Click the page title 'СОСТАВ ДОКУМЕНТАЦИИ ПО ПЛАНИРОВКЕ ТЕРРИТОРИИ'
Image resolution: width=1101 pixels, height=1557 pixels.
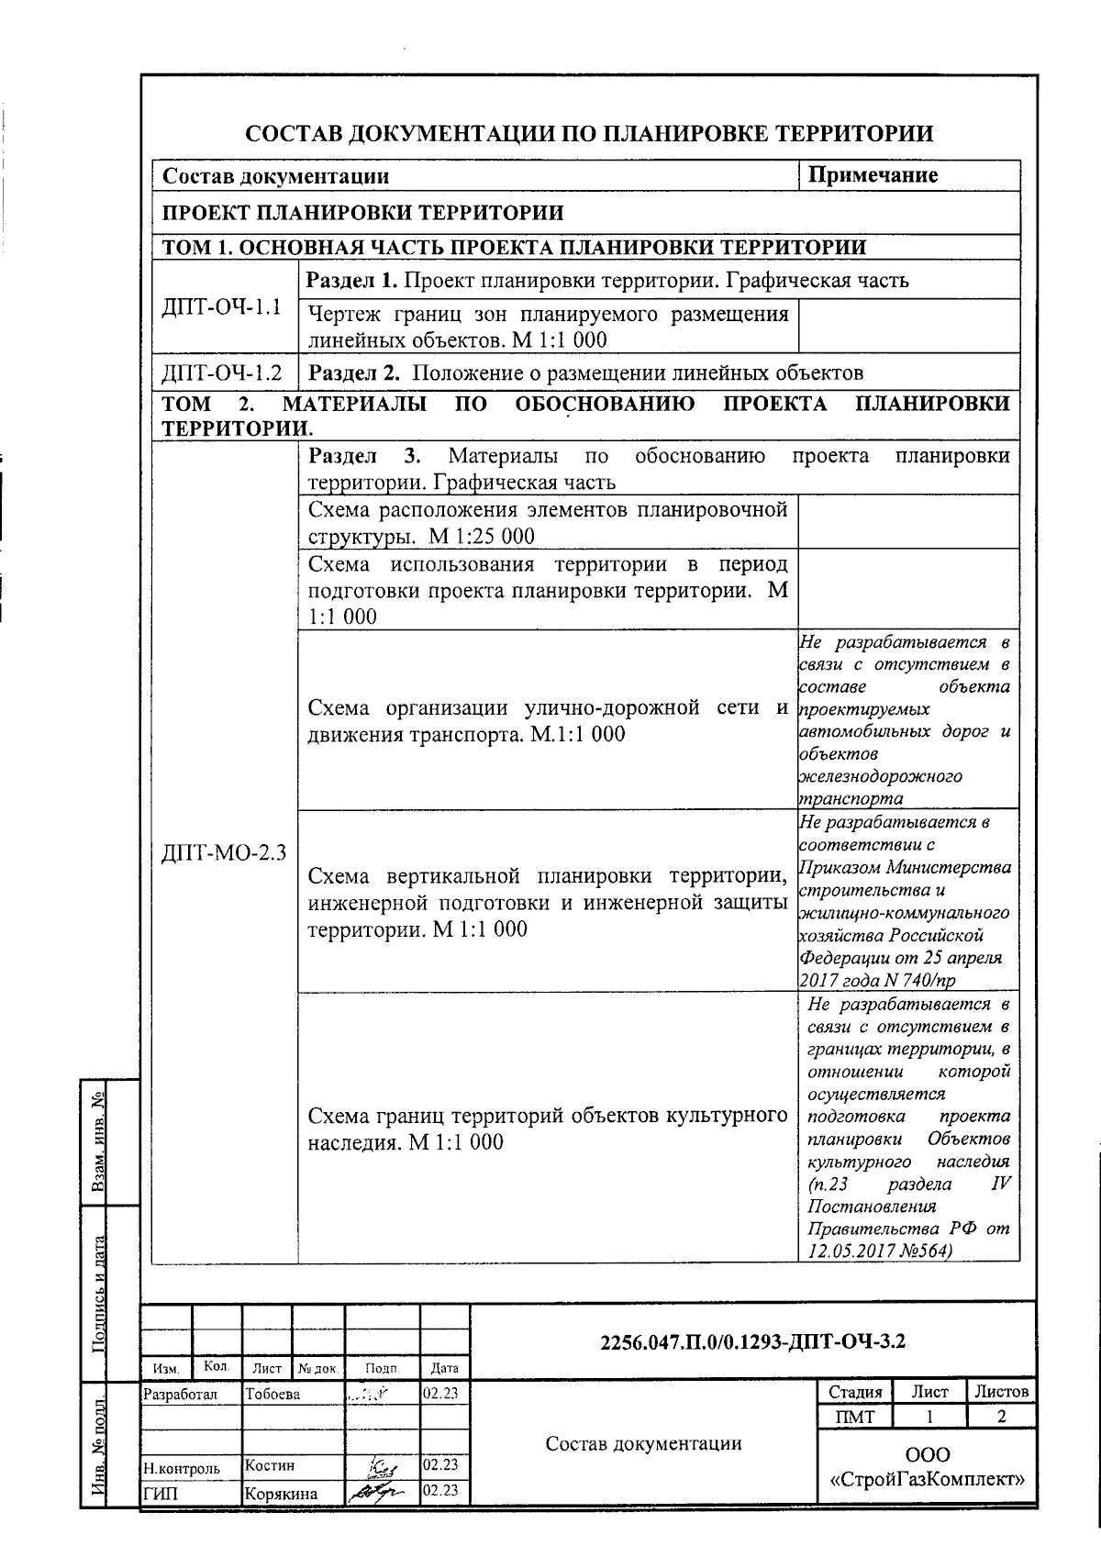point(589,134)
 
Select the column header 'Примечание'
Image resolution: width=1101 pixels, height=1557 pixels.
point(873,175)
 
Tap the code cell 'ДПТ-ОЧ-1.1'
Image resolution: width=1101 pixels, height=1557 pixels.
point(221,306)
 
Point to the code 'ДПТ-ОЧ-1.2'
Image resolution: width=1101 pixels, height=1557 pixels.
point(221,373)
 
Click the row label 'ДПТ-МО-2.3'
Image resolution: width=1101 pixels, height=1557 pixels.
point(224,853)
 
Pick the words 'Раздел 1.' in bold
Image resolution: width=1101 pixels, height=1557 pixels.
point(352,280)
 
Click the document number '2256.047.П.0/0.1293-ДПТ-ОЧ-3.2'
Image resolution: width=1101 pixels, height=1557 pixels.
point(752,1341)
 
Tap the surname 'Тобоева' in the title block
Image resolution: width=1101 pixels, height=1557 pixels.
point(272,1395)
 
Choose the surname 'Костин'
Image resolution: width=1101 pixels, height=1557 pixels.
point(270,1466)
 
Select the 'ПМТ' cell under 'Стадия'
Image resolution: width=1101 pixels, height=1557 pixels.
point(855,1417)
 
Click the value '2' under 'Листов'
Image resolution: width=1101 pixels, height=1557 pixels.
point(1002,1417)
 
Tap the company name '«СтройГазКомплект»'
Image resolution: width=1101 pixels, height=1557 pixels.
point(927,1479)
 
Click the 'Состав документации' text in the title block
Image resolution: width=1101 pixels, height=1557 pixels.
point(643,1444)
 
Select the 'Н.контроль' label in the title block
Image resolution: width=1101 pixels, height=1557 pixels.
point(182,1468)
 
